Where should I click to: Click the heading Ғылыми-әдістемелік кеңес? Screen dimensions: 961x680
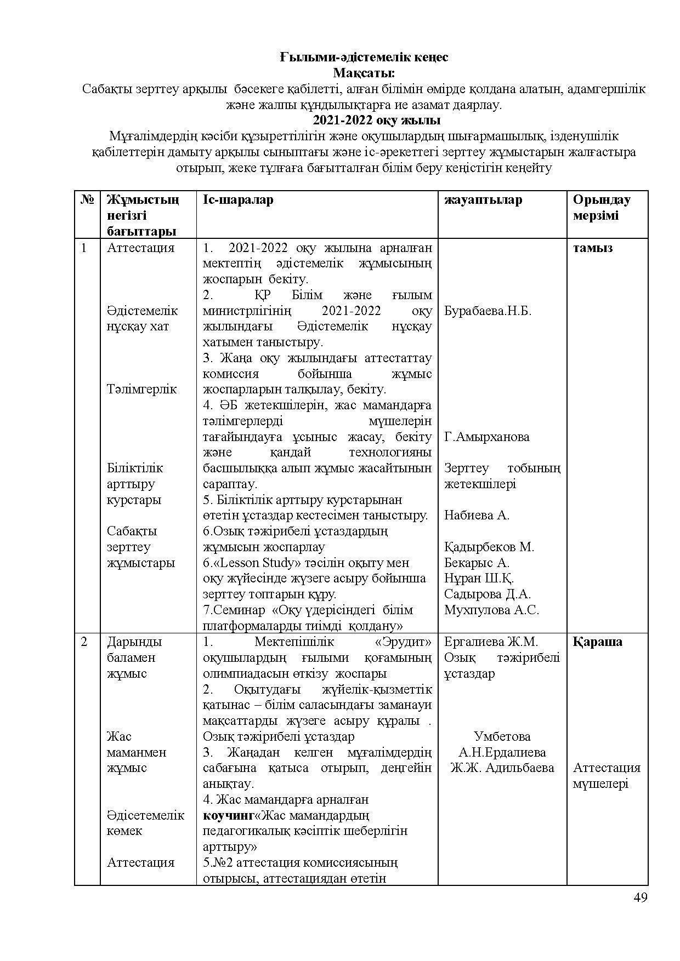click(x=364, y=57)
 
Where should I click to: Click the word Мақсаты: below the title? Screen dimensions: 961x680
click(x=364, y=72)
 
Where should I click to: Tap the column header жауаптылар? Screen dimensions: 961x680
click(x=483, y=200)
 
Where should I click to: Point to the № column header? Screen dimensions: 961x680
click(x=87, y=200)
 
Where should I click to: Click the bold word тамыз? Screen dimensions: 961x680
click(x=593, y=248)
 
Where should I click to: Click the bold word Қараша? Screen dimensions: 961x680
click(x=598, y=642)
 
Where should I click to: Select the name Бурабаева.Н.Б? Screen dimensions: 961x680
click(x=488, y=311)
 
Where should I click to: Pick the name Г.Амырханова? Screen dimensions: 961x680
click(x=486, y=437)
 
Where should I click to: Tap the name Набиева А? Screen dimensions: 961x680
click(x=477, y=515)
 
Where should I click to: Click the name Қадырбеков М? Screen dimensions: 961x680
click(x=489, y=547)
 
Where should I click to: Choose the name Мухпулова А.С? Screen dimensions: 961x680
click(x=491, y=610)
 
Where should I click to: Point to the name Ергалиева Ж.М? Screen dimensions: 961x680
click(x=491, y=642)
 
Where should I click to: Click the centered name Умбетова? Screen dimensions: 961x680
click(x=502, y=736)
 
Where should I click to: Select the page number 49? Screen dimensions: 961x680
click(x=640, y=898)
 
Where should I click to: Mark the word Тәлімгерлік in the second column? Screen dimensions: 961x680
click(x=141, y=390)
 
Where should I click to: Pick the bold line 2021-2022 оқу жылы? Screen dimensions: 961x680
click(x=364, y=121)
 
